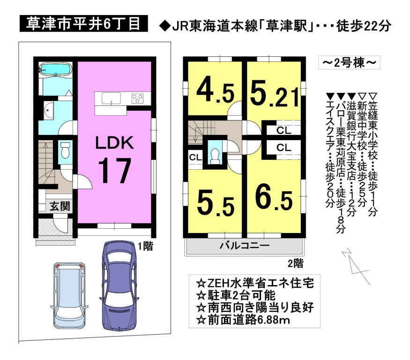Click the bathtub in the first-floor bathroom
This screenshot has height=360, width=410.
(x=55, y=69)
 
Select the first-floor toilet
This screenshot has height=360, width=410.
(x=65, y=150)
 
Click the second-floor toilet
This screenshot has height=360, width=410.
(x=215, y=156)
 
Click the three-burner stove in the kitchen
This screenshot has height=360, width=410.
(x=138, y=98)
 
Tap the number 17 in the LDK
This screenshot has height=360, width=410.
(x=114, y=171)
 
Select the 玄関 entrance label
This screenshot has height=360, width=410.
(x=60, y=206)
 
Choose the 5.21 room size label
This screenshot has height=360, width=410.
(x=274, y=93)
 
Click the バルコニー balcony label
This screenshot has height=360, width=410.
(x=244, y=246)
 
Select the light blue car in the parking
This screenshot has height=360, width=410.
(x=69, y=294)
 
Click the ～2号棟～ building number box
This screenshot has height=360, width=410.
(x=349, y=63)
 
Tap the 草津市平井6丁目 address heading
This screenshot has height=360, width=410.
(x=84, y=24)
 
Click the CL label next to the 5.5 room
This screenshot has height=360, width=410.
(x=195, y=157)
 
